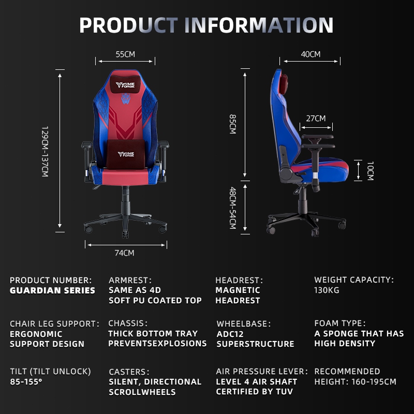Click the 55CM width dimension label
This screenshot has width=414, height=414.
click(x=125, y=54)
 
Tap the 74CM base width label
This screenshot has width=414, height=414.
click(x=125, y=253)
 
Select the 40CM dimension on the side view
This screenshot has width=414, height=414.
click(x=310, y=54)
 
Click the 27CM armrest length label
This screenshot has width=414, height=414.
click(x=316, y=119)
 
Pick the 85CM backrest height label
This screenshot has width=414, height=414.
click(x=232, y=124)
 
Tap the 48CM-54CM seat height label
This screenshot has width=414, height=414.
click(x=232, y=208)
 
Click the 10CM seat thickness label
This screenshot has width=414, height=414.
click(x=369, y=171)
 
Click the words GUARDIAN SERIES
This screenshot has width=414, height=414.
click(x=52, y=290)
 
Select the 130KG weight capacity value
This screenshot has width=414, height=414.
click(x=327, y=290)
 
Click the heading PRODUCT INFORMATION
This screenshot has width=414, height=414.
click(x=206, y=25)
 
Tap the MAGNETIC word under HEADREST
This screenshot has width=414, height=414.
click(x=238, y=290)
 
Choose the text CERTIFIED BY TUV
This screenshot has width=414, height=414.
click(x=254, y=392)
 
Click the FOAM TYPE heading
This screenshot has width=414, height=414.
click(x=339, y=323)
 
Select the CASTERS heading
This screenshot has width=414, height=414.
click(x=129, y=372)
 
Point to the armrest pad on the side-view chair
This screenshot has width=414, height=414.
click(x=317, y=138)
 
